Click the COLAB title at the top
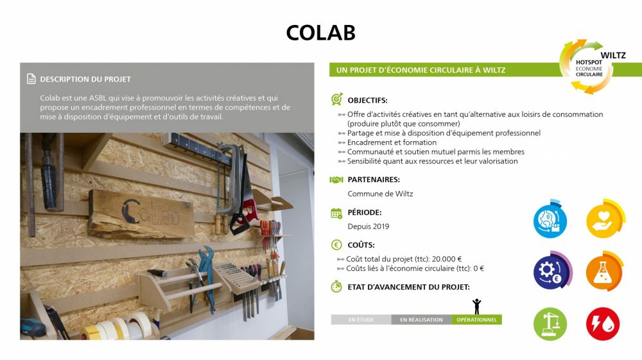(x=320, y=33)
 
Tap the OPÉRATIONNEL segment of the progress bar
(x=476, y=320)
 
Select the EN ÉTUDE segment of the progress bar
(x=361, y=320)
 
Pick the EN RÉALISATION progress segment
(x=421, y=320)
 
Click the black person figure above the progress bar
(x=476, y=306)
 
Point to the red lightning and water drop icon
(x=603, y=324)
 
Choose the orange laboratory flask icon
(x=604, y=271)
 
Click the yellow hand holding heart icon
(x=605, y=219)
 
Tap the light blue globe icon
(x=550, y=219)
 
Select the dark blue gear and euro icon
(x=552, y=270)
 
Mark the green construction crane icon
(x=550, y=324)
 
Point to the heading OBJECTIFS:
(x=367, y=100)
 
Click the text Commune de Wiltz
(x=380, y=194)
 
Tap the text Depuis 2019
(x=369, y=227)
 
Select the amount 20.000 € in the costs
(x=447, y=259)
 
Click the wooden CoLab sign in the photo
(x=141, y=214)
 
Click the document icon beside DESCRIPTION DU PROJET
(x=31, y=79)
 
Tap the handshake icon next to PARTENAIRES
(x=336, y=180)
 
